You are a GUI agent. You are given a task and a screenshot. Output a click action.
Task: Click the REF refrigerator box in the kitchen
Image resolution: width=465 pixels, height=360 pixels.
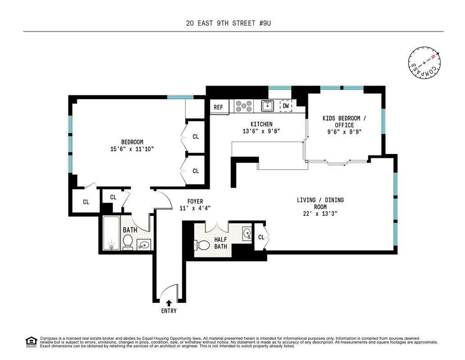[219, 107]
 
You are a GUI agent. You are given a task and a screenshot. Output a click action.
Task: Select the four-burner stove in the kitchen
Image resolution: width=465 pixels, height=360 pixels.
[243, 106]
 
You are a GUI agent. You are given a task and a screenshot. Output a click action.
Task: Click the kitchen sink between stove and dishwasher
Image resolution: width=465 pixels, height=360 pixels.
[267, 106]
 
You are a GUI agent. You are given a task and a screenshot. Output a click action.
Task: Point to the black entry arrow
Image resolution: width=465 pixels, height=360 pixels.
[169, 303]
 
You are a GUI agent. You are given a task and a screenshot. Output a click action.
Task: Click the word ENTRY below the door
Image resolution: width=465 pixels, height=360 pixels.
[169, 311]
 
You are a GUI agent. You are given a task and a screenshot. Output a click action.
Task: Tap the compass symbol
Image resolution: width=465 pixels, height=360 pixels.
[424, 63]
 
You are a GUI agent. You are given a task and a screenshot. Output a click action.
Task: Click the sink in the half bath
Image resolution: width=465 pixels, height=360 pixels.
[246, 233]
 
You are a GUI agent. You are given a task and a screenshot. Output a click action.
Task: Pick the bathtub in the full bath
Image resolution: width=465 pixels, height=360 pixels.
[111, 234]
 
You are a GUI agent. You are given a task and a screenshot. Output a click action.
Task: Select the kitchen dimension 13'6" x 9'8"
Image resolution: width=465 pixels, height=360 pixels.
[262, 131]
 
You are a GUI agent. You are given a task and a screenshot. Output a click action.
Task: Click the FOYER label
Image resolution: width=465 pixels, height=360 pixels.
[195, 202]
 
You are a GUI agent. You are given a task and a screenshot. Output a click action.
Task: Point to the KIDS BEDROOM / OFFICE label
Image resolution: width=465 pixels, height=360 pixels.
[344, 121]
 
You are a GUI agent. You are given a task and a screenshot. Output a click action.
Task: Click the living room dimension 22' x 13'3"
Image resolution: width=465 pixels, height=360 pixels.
[321, 214]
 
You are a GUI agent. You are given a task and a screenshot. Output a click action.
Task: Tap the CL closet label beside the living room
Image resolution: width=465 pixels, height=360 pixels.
[261, 237]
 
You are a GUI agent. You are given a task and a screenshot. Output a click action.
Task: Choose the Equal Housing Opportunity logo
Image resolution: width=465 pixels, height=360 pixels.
[32, 342]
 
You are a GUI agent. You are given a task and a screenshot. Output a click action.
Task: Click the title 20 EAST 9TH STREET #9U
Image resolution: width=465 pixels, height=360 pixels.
[232, 22]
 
